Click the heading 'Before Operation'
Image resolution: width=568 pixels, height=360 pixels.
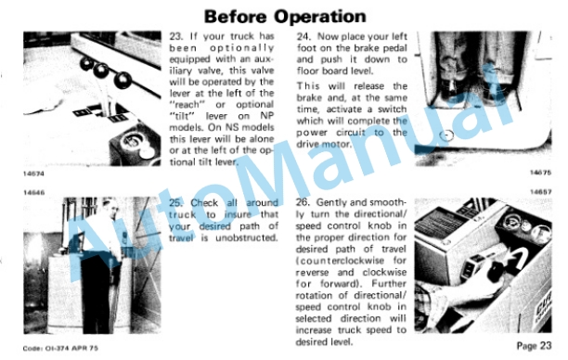pyautogui.click(x=285, y=17)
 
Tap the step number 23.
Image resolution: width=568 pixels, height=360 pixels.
pyautogui.click(x=175, y=36)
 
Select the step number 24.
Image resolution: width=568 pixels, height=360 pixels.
pyautogui.click(x=303, y=36)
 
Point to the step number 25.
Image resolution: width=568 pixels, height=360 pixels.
pyautogui.click(x=175, y=203)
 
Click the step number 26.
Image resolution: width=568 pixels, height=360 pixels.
pyautogui.click(x=303, y=202)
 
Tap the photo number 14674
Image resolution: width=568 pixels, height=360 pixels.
pyautogui.click(x=33, y=174)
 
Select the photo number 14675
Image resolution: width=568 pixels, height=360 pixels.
pyautogui.click(x=541, y=173)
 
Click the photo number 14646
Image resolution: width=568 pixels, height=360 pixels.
pyautogui.click(x=34, y=192)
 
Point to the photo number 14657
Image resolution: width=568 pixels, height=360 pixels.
pyautogui.click(x=541, y=191)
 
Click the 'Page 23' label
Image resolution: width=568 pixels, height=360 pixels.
pyautogui.click(x=534, y=345)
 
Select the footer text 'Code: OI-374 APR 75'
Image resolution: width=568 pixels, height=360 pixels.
pyautogui.click(x=60, y=349)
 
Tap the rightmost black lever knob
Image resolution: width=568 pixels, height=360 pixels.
pyautogui.click(x=123, y=80)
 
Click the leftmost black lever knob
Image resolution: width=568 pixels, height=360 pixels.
pyautogui.click(x=87, y=63)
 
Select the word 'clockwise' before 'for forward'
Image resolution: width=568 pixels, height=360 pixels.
pyautogui.click(x=385, y=272)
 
